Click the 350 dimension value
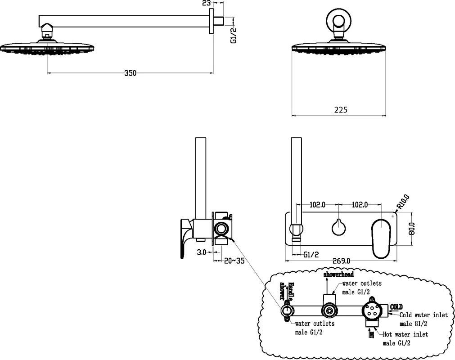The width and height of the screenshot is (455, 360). coord(130,73)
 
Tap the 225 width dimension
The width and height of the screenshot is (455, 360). coord(341,109)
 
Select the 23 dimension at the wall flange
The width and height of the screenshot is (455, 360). coord(207,4)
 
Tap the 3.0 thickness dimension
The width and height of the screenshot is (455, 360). coord(201,252)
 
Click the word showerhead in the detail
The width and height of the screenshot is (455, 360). coord(339,274)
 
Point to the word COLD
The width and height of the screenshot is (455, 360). coord(396,307)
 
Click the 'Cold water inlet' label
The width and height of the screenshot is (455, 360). coord(423,315)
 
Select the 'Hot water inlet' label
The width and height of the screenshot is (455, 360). coord(405,334)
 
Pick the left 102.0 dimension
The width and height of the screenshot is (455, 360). coord(317,204)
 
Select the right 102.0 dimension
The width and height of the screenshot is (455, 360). coord(360,204)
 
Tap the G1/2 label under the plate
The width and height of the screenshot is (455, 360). coord(311,255)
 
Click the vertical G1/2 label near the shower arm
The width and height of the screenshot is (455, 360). coord(233,35)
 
